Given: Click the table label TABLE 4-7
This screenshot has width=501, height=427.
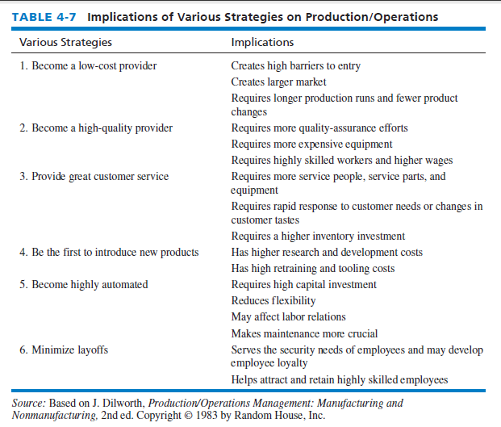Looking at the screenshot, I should coord(43,17).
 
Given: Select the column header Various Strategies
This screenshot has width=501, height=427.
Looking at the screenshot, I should coord(65,42).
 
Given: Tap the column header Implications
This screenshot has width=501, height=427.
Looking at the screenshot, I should coord(262,42).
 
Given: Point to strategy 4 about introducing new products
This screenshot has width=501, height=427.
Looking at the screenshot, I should coord(109,253).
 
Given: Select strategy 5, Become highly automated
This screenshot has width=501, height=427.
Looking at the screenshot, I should coord(84,284).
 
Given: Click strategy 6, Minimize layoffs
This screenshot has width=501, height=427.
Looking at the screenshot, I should coord(65,350).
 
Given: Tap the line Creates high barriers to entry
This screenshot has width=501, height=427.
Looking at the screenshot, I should coord(295,65).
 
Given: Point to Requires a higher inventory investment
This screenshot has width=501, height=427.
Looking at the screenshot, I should coord(318,237).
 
